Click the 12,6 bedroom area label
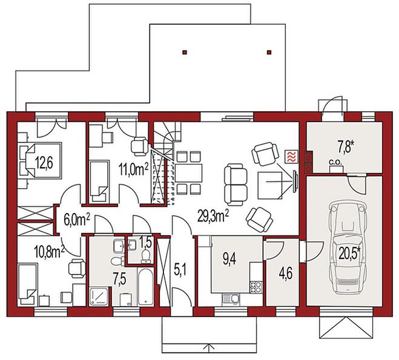click(x=44, y=163)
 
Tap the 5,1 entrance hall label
click(x=180, y=270)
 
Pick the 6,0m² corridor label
click(x=77, y=220)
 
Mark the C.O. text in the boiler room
click(x=335, y=162)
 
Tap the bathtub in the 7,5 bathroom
click(x=146, y=287)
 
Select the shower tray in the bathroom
click(x=99, y=296)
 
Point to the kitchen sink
click(x=231, y=299)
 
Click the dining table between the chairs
click(x=188, y=172)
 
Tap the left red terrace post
click(x=185, y=53)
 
